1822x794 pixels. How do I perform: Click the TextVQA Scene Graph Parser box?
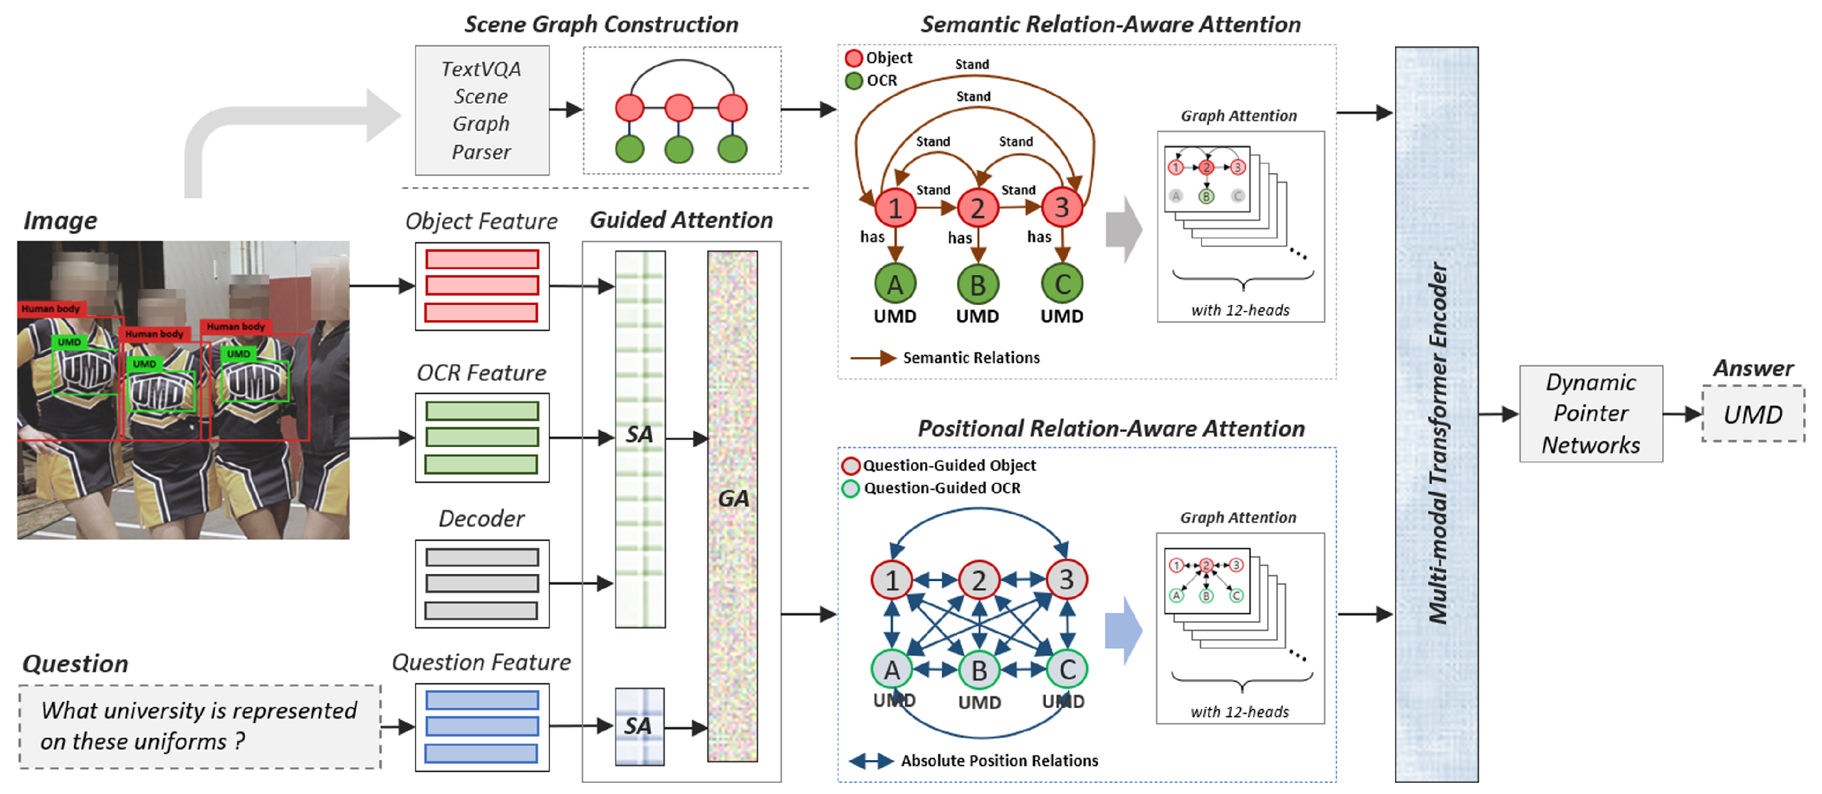482,111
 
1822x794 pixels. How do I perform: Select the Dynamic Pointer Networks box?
1591,414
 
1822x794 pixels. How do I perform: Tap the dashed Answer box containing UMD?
1753,414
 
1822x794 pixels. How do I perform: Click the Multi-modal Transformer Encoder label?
1437,443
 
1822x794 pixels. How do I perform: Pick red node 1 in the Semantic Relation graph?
895,208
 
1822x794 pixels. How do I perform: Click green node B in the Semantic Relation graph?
978,284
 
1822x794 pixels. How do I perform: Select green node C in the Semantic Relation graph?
1061,284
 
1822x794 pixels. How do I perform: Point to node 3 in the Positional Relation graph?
1066,580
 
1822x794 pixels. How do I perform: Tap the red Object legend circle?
854,58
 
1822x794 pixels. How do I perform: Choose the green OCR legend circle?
854,81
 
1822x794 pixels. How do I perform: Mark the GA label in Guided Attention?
733,498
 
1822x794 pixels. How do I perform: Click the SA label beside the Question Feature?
638,726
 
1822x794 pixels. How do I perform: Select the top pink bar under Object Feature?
482,259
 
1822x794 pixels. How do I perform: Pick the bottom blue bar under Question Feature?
482,753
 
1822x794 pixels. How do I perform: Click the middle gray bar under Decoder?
482,584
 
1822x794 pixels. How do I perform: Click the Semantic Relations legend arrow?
873,358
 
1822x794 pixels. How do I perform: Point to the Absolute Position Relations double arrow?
870,761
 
